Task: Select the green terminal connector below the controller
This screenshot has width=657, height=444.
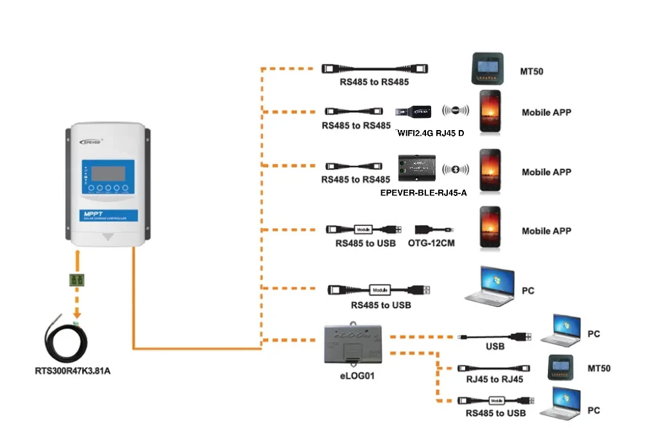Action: pos(78,280)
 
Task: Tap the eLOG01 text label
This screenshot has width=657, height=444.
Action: pos(357,376)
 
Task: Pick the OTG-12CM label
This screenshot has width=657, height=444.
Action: pos(431,243)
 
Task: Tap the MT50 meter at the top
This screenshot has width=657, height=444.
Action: pos(490,69)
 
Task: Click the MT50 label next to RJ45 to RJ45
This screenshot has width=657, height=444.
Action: pos(599,368)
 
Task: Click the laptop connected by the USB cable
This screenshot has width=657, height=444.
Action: pos(561,331)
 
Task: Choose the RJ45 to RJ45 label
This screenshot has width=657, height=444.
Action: pos(494,379)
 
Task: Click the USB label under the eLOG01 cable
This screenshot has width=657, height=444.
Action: pos(495,346)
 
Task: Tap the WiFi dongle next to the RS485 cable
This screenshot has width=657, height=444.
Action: pos(413,111)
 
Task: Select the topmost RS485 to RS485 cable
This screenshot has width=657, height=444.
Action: pos(374,69)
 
